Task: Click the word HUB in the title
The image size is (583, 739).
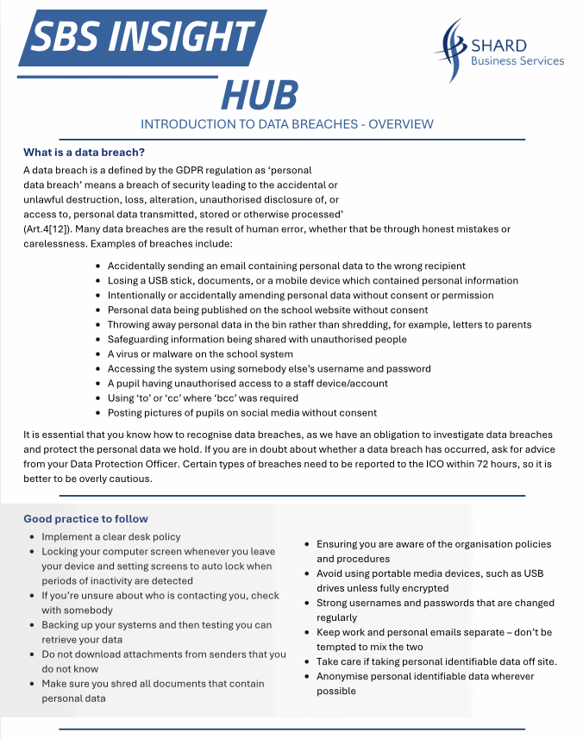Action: pyautogui.click(x=260, y=95)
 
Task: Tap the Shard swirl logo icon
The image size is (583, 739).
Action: pyautogui.click(x=451, y=51)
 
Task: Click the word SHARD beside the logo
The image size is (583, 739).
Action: pyautogui.click(x=499, y=45)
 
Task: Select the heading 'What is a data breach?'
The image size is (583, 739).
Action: pyautogui.click(x=84, y=153)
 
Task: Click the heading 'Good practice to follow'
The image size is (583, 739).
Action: pyautogui.click(x=85, y=518)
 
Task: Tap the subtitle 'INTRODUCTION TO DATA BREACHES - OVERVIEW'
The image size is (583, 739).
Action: pyautogui.click(x=287, y=124)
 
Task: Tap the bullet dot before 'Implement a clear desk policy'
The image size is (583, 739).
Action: pyautogui.click(x=32, y=536)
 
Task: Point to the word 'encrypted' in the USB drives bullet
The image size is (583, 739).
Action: pyautogui.click(x=422, y=588)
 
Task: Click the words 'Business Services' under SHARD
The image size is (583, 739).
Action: pyautogui.click(x=517, y=61)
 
